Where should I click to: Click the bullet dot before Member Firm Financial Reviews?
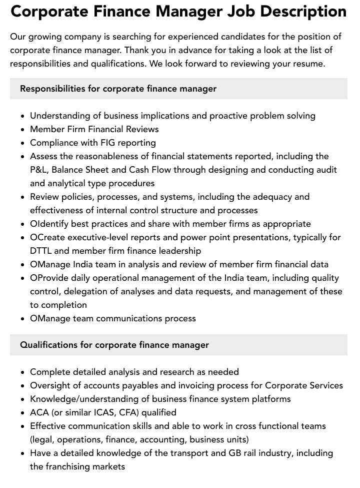click(x=23, y=130)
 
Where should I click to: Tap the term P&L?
click(x=40, y=170)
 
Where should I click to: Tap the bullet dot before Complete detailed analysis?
click(x=23, y=372)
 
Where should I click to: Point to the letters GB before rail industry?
click(x=231, y=453)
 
